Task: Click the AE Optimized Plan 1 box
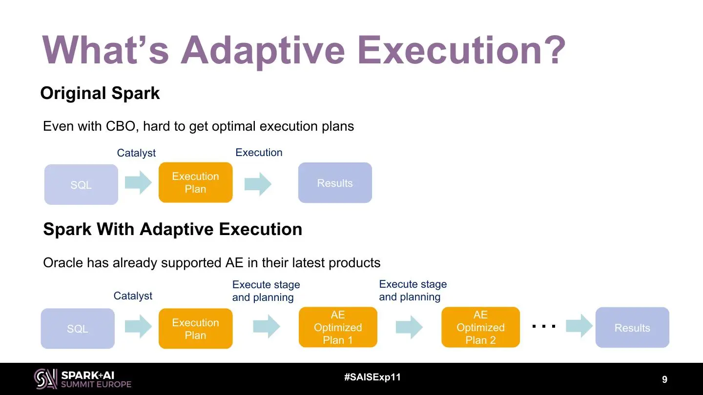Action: click(338, 327)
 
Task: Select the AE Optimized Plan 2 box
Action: click(480, 327)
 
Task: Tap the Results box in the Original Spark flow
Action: click(335, 182)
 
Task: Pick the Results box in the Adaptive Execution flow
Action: click(632, 327)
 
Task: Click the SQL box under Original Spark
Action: click(81, 184)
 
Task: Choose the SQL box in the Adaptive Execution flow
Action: click(78, 328)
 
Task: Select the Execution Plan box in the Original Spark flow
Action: click(195, 182)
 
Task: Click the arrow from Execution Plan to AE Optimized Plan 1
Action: click(267, 327)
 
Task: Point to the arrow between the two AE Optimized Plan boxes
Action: click(409, 327)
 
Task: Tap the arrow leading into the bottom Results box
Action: click(579, 326)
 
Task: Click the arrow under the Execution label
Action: click(258, 184)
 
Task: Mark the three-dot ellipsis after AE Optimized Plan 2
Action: click(544, 326)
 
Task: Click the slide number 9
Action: click(664, 379)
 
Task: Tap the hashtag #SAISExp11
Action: click(372, 377)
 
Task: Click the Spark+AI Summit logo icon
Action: click(46, 379)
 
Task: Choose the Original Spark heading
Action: click(100, 93)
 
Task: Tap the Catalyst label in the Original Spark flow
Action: click(136, 153)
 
